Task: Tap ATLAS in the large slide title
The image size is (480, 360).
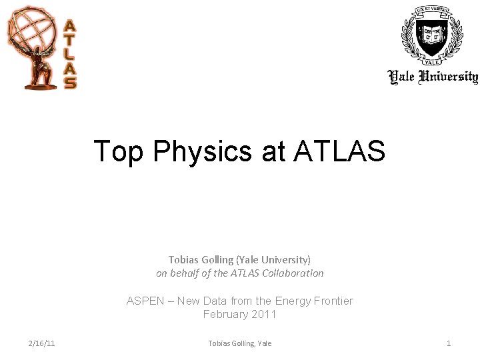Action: [339, 151]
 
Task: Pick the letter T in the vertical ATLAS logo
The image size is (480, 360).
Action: [70, 41]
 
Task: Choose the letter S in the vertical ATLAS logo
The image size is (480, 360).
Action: [70, 83]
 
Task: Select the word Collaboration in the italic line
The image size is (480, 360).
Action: [293, 273]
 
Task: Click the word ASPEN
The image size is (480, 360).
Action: [145, 301]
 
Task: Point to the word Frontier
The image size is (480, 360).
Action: [331, 301]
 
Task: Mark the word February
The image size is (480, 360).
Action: [225, 314]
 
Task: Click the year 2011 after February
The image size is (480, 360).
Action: [263, 314]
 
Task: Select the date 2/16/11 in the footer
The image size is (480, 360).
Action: [41, 343]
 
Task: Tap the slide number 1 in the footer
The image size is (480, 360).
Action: [449, 343]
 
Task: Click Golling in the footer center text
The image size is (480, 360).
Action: [243, 343]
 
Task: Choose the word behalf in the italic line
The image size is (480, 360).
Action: [187, 273]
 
